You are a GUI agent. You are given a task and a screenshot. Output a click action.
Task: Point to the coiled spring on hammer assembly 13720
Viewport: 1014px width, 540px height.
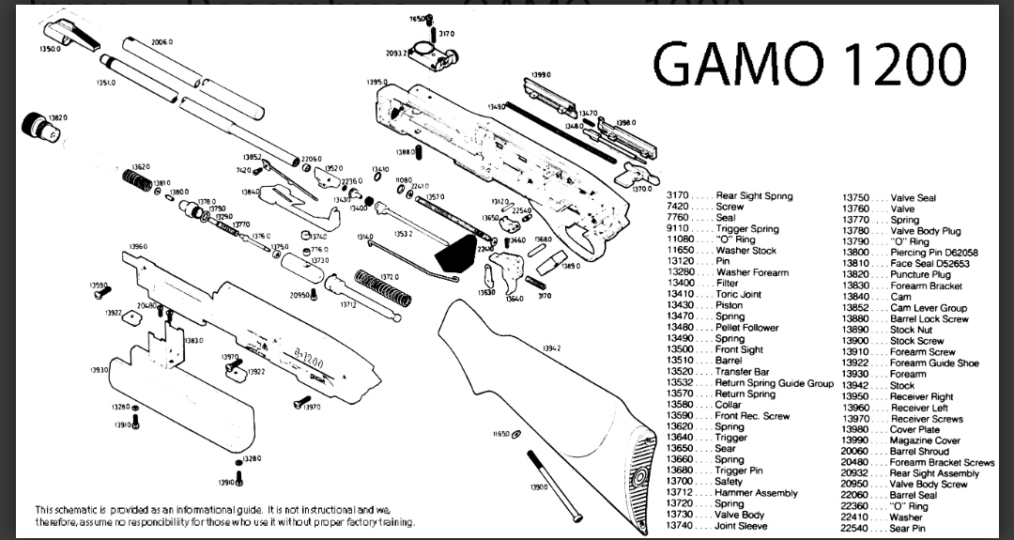click(384, 286)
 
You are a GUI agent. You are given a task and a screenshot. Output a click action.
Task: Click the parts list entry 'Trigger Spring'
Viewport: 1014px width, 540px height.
click(746, 228)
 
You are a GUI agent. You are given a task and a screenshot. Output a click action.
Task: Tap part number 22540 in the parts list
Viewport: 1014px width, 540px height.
click(856, 528)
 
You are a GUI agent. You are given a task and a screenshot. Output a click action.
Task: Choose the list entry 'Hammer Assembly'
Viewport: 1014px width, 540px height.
click(756, 493)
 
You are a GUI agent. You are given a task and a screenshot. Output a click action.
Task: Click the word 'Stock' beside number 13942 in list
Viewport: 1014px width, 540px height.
click(901, 385)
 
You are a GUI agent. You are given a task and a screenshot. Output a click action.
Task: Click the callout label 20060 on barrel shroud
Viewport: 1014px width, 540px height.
click(161, 42)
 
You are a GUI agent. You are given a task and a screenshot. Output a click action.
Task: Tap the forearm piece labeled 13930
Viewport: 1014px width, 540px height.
click(178, 393)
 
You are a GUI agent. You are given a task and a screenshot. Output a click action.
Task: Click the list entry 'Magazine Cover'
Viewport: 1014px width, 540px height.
click(925, 440)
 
